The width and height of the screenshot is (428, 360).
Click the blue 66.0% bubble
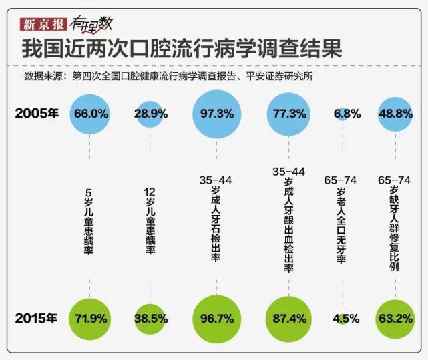tap(89, 114)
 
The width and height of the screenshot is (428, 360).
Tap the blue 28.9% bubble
tap(150, 114)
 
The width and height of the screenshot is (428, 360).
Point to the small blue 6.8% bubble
tap(342, 113)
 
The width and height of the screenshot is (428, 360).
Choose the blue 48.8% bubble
tap(395, 114)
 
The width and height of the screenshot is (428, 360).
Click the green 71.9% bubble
tap(89, 318)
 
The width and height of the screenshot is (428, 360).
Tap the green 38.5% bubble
tap(150, 318)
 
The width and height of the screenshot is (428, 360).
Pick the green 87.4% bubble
tap(288, 318)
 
